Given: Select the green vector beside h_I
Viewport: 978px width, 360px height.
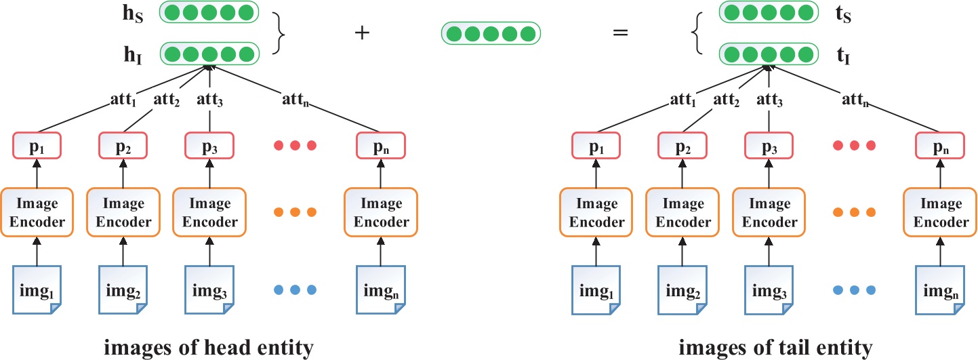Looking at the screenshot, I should [x=209, y=54].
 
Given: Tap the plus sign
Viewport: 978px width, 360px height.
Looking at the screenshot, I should [x=363, y=33].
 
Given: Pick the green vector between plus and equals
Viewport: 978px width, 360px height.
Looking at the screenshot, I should [x=491, y=33].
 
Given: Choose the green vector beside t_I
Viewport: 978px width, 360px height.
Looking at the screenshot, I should [x=769, y=54].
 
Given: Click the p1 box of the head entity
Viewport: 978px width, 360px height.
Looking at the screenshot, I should [x=37, y=145].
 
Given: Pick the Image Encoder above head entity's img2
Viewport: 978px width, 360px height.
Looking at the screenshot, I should [x=123, y=212].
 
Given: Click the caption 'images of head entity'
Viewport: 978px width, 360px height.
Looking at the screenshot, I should [x=208, y=348].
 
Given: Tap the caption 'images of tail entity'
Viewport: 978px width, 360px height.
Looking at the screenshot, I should [x=775, y=348].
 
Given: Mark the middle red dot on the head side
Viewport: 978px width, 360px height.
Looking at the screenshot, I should [x=294, y=145].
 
